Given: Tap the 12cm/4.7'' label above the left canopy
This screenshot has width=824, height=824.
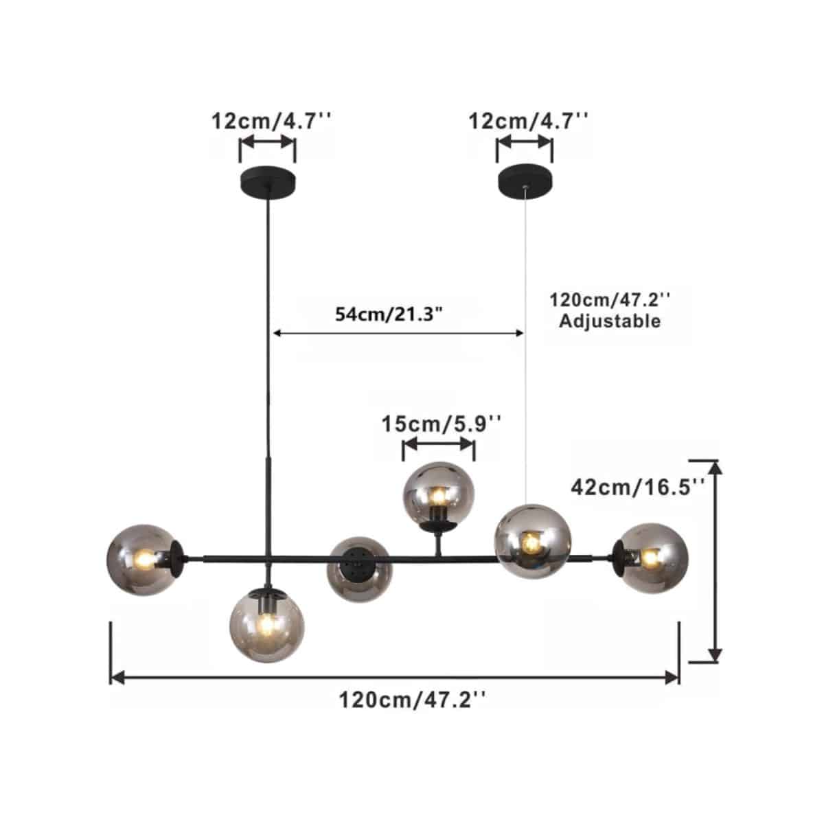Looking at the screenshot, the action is (272, 122).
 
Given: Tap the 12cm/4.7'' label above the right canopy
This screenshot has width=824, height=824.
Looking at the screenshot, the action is (529, 122).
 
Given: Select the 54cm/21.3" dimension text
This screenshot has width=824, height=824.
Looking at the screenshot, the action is (388, 314).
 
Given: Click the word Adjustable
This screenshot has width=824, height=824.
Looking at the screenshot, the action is (610, 321).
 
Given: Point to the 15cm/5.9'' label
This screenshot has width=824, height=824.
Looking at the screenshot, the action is (441, 424).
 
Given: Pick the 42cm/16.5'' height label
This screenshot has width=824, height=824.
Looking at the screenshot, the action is (638, 487).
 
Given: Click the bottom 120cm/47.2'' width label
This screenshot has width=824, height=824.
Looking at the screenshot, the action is (413, 700).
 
